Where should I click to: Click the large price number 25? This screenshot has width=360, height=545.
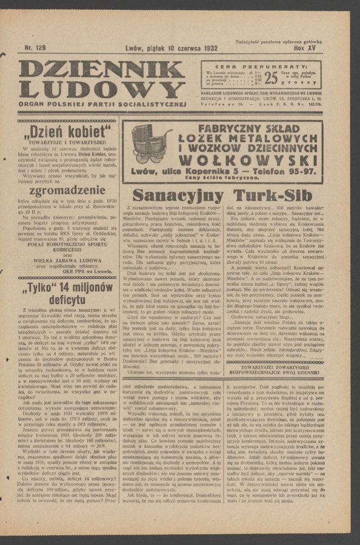click(271, 77)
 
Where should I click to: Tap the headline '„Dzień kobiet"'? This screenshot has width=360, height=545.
click(66, 132)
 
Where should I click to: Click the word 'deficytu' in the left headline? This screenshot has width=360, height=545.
click(66, 299)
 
